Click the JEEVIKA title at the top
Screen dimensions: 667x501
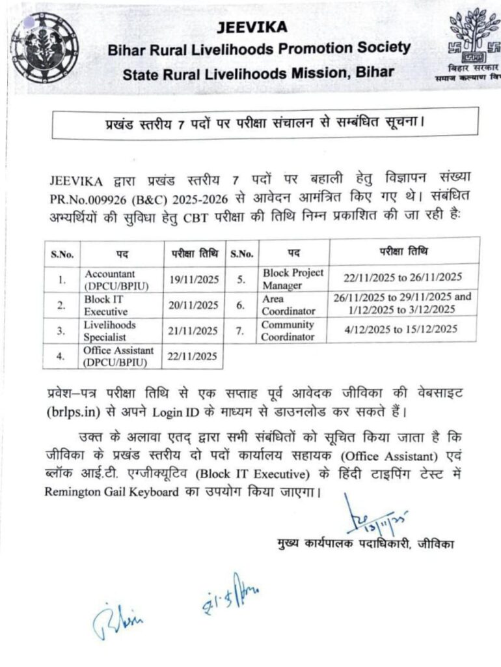click(x=251, y=27)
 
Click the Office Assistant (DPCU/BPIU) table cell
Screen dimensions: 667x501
click(x=115, y=356)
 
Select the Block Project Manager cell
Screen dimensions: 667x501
click(x=292, y=278)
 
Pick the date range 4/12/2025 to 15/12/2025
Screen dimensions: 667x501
click(x=401, y=330)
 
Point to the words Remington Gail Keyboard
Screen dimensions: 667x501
click(x=111, y=492)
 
